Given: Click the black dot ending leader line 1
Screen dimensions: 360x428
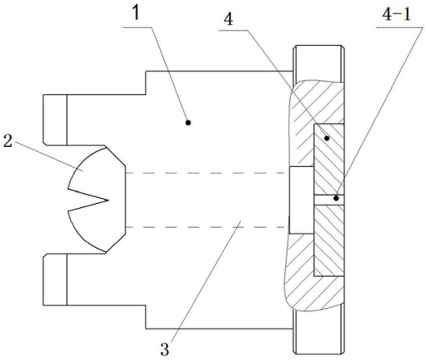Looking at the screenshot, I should tap(187, 122).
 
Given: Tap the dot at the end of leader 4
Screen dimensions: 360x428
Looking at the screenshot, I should tap(327, 138).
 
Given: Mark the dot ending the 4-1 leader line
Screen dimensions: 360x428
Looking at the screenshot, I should tap(337, 198).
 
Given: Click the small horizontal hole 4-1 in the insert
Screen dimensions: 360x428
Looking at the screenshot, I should tap(329, 200).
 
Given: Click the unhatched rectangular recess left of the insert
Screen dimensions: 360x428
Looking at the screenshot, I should tap(301, 200).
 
